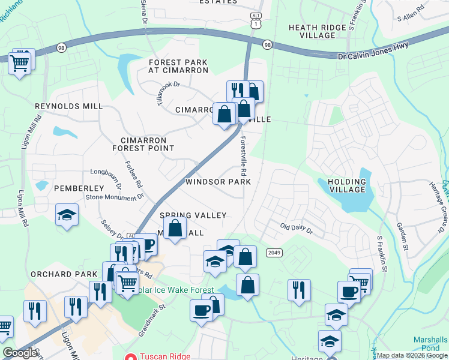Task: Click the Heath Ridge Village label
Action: click(x=320, y=31)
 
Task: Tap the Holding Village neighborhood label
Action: click(x=347, y=185)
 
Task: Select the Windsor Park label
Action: click(x=218, y=182)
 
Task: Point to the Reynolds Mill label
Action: click(x=68, y=106)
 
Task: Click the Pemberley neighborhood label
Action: click(x=79, y=188)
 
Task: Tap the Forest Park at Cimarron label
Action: click(x=178, y=66)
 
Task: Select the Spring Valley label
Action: click(x=193, y=215)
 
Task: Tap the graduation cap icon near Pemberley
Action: click(x=67, y=215)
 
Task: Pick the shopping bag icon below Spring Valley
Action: click(x=175, y=229)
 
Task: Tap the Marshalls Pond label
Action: click(x=430, y=343)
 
